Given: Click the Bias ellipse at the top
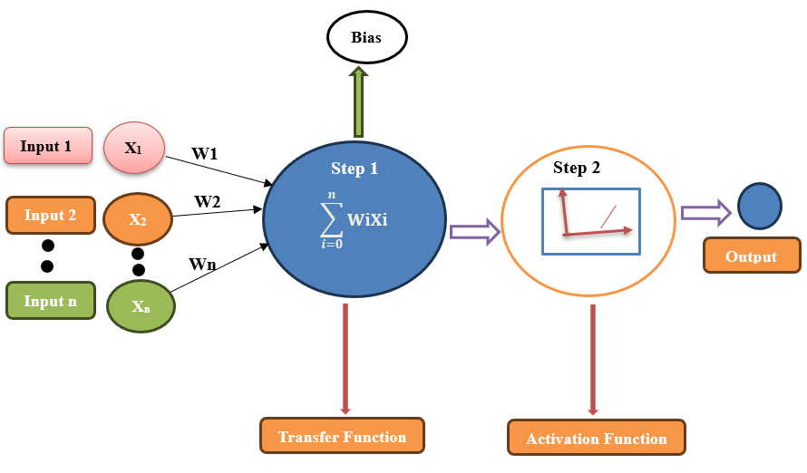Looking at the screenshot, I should [x=366, y=39].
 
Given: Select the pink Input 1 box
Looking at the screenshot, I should [x=48, y=146].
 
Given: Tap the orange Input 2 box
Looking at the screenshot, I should [x=50, y=216].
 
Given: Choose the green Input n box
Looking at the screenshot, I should [x=50, y=301].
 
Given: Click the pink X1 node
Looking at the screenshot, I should [x=133, y=148].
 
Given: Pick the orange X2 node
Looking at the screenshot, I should [x=137, y=219].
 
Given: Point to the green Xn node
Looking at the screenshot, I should [x=141, y=306].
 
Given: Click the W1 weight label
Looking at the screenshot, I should [x=204, y=154].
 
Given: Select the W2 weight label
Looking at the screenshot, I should [x=207, y=201].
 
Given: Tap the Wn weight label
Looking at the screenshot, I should [x=202, y=264].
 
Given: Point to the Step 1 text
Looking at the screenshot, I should [x=354, y=169].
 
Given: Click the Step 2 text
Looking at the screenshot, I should [x=577, y=168].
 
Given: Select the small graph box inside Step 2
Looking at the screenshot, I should [x=591, y=221].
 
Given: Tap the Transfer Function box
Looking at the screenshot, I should [x=342, y=436].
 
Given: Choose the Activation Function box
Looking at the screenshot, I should [x=597, y=439].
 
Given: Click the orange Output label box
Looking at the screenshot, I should [x=752, y=256].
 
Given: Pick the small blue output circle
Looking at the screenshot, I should [x=759, y=206].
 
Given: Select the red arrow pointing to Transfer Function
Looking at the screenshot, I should [x=345, y=359].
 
